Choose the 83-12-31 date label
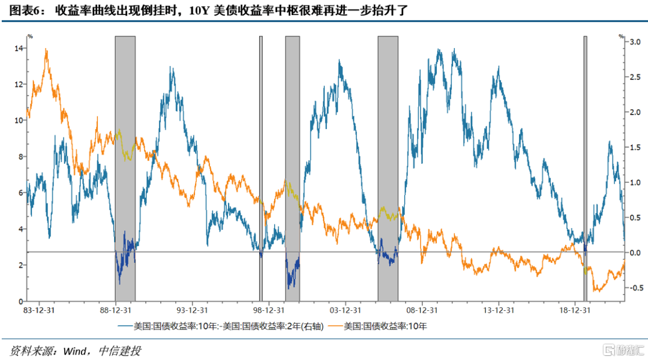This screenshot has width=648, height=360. [39, 311]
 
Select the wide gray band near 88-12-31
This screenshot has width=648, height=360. [125, 168]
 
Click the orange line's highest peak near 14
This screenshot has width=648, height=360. [46, 50]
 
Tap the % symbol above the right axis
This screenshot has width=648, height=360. [622, 36]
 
